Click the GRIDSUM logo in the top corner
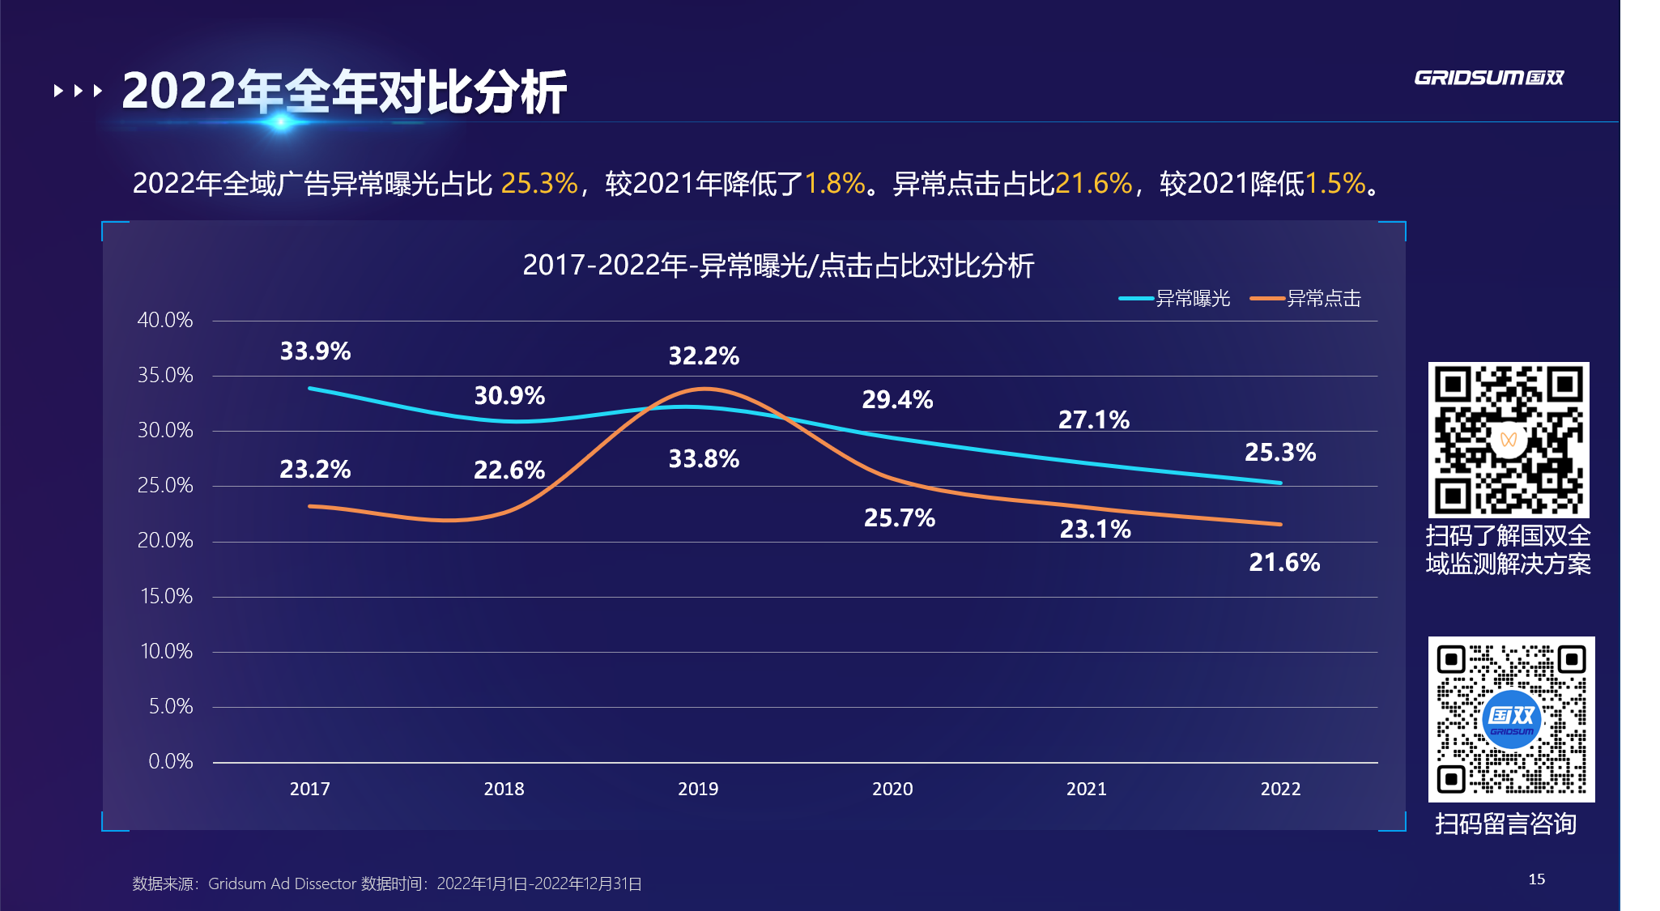1488,78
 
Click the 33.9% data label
315,351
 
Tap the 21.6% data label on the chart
1283,563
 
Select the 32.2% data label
704,356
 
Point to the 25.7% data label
899,518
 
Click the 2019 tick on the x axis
698,789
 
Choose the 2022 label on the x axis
1280,789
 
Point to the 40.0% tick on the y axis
165,321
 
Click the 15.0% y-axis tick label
166,597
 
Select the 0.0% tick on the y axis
170,762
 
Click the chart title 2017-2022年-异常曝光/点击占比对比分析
778,266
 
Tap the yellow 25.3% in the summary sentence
539,184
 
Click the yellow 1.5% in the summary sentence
1335,184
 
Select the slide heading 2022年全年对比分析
344,92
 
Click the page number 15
1536,879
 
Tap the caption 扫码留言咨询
1505,824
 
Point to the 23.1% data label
1095,530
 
